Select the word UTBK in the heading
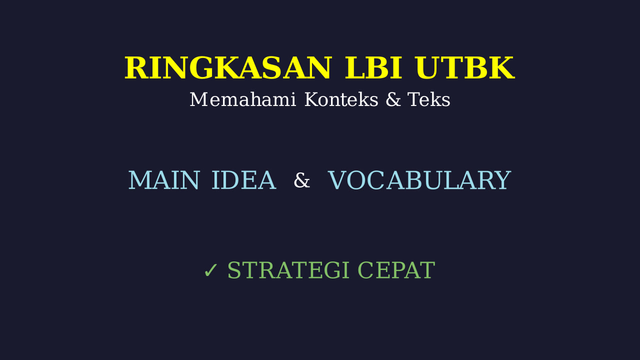pos(465,67)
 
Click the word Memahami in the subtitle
pos(243,99)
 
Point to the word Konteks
pos(341,99)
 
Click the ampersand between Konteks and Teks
pos(393,99)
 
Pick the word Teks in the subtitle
pos(429,99)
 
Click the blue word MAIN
pos(163,180)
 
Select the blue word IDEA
pos(243,180)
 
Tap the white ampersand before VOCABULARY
pos(301,180)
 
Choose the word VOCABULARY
pos(419,180)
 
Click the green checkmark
pos(211,270)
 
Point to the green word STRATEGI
pos(288,270)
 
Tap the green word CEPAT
pos(396,270)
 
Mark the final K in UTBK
pos(503,67)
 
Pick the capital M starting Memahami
pos(198,99)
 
